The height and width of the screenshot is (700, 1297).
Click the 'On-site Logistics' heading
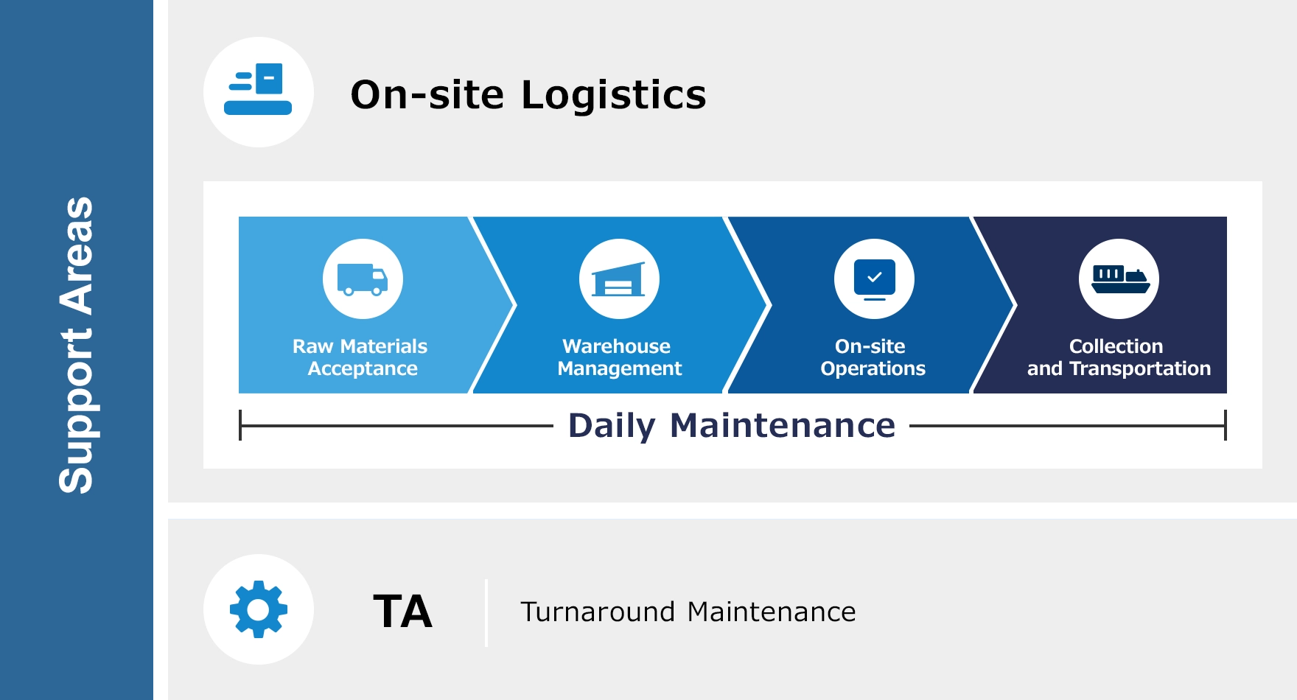pyautogui.click(x=528, y=95)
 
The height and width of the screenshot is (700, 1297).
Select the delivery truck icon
pyautogui.click(x=363, y=279)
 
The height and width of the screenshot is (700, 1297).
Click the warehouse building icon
pyautogui.click(x=619, y=279)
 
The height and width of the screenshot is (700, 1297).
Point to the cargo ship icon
pyautogui.click(x=1119, y=279)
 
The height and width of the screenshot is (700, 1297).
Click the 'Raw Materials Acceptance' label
pyautogui.click(x=360, y=357)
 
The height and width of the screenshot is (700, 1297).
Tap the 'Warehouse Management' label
pyautogui.click(x=619, y=357)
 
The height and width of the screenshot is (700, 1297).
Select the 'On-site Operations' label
pyautogui.click(x=873, y=357)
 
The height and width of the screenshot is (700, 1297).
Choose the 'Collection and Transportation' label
pyautogui.click(x=1119, y=357)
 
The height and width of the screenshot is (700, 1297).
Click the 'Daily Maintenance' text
pyautogui.click(x=732, y=426)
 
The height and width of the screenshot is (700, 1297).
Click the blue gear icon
pyautogui.click(x=259, y=609)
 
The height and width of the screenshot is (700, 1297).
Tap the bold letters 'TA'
pyautogui.click(x=402, y=612)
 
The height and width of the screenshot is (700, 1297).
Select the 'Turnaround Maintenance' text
pyautogui.click(x=688, y=612)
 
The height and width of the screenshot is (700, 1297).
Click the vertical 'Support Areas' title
pyautogui.click(x=76, y=345)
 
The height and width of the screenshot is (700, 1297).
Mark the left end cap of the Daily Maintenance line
pyautogui.click(x=240, y=426)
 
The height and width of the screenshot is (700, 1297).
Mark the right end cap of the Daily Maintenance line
pyautogui.click(x=1226, y=426)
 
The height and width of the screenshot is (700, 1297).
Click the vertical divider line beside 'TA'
pyautogui.click(x=486, y=612)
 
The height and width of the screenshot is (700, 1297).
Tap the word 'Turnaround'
pyautogui.click(x=598, y=612)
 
